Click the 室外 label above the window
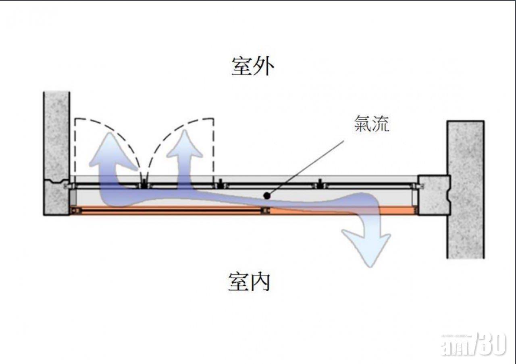[253, 66]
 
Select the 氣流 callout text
[372, 124]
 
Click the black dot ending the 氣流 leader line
[266, 195]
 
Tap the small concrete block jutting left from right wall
[433, 195]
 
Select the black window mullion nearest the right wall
[320, 184]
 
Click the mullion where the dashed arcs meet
[144, 184]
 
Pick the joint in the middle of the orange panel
[265, 210]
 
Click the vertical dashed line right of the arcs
[213, 149]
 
